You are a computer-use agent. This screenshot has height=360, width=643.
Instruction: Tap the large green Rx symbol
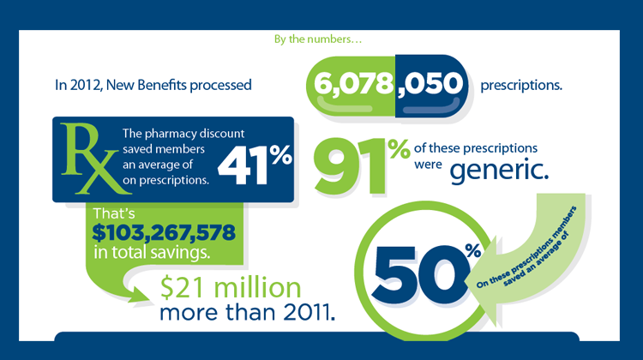click(x=85, y=159)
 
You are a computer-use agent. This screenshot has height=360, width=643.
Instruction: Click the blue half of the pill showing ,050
click(x=431, y=85)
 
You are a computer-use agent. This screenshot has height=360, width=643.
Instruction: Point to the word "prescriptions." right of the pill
click(x=520, y=86)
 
